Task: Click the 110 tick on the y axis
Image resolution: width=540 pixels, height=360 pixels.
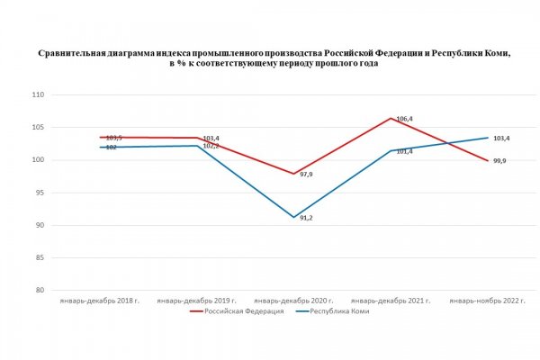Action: pyautogui.click(x=38, y=94)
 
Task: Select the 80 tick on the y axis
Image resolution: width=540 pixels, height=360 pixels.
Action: pyautogui.click(x=40, y=291)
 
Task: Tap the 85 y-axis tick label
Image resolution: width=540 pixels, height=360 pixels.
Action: pyautogui.click(x=40, y=258)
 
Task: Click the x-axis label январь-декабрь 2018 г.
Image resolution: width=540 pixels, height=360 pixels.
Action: pyautogui.click(x=98, y=300)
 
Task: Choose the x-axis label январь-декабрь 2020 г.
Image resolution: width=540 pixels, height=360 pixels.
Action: pyautogui.click(x=294, y=300)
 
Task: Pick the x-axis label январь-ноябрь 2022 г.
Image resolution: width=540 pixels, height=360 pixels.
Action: pyautogui.click(x=488, y=300)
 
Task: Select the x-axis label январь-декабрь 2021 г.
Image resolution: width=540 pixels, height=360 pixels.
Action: pyautogui.click(x=391, y=300)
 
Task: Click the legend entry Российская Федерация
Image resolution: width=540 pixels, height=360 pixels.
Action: pyautogui.click(x=244, y=311)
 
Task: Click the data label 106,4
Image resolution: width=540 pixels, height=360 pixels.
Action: pyautogui.click(x=405, y=119)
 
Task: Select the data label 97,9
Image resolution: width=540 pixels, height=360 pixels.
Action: pyautogui.click(x=307, y=175)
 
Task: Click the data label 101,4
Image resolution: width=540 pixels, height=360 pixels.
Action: pyautogui.click(x=404, y=152)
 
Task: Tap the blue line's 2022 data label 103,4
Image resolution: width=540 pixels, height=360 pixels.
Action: pyautogui.click(x=499, y=139)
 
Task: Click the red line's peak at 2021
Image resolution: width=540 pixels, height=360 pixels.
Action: pyautogui.click(x=391, y=118)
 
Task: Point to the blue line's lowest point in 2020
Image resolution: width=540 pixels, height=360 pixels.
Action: pyautogui.click(x=293, y=217)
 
